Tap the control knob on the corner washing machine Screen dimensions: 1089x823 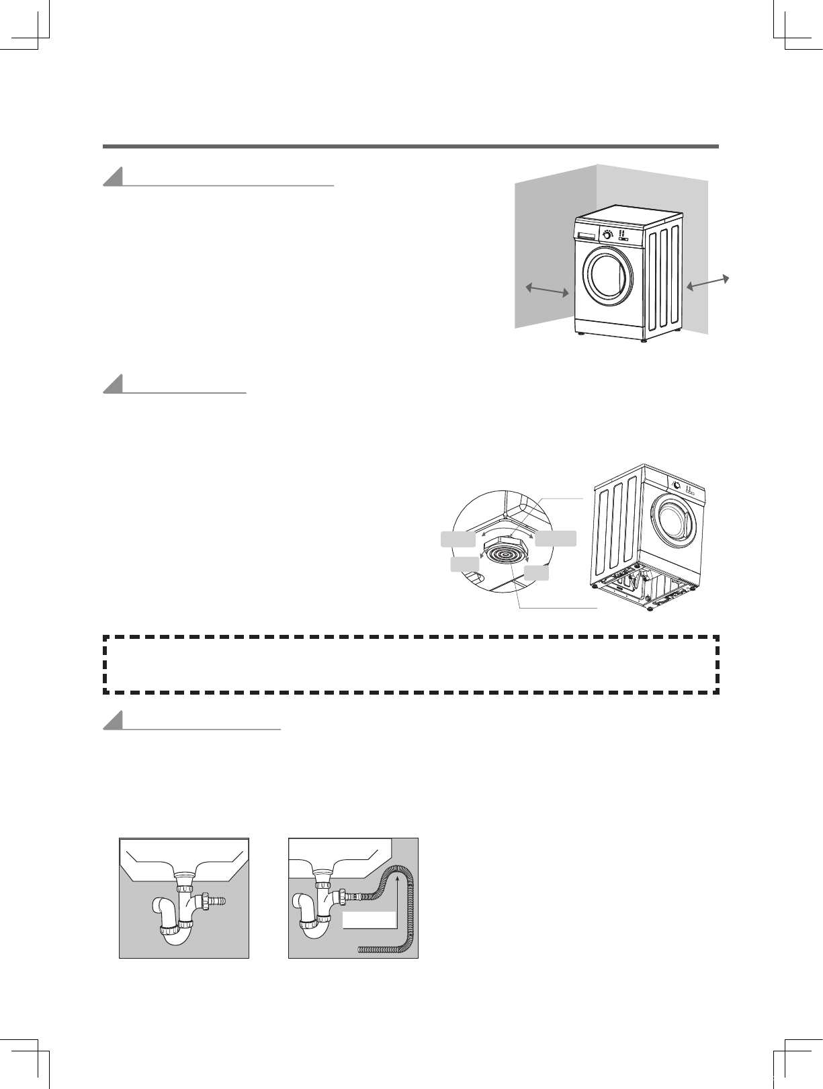point(608,234)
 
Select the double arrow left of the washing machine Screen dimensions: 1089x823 point(548,290)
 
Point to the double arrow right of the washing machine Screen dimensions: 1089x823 point(707,284)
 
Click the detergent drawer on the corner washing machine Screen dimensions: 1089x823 point(585,234)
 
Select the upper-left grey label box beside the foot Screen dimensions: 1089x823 point(458,538)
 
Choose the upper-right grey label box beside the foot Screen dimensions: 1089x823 point(556,538)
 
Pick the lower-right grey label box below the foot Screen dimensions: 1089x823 point(536,572)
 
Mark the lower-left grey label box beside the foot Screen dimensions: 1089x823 point(465,564)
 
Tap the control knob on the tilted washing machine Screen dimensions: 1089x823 point(677,485)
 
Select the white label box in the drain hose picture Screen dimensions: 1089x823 point(369,920)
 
